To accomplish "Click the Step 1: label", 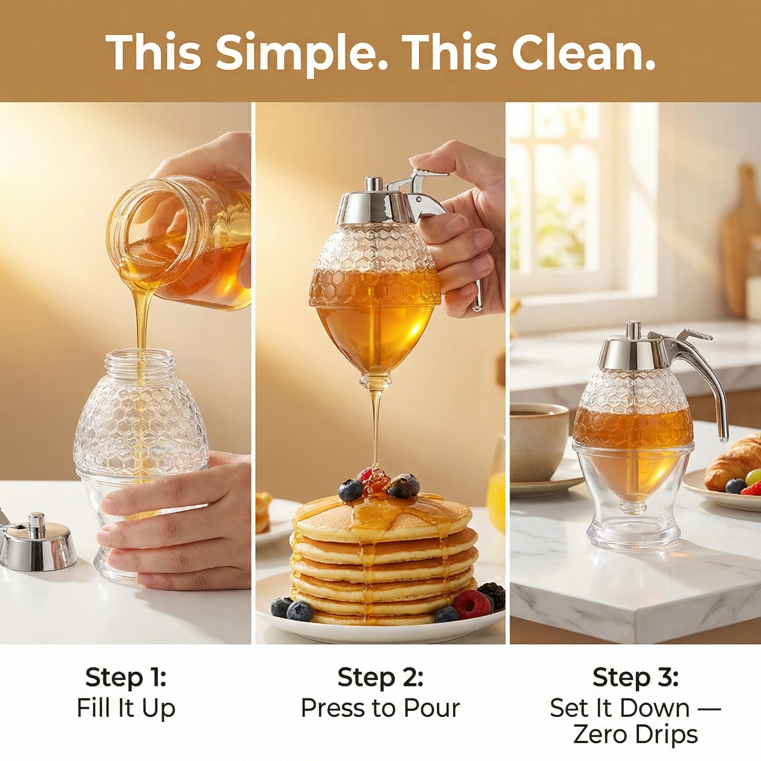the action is coord(126,677).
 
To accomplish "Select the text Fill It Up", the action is coord(126,708).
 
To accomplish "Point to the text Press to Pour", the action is coord(380,708).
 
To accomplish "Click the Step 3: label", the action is coord(635,677).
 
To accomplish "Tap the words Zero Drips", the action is coord(635,735).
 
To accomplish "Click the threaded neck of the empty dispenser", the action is coord(141,363).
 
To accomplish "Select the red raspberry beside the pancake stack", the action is coord(472,604).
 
